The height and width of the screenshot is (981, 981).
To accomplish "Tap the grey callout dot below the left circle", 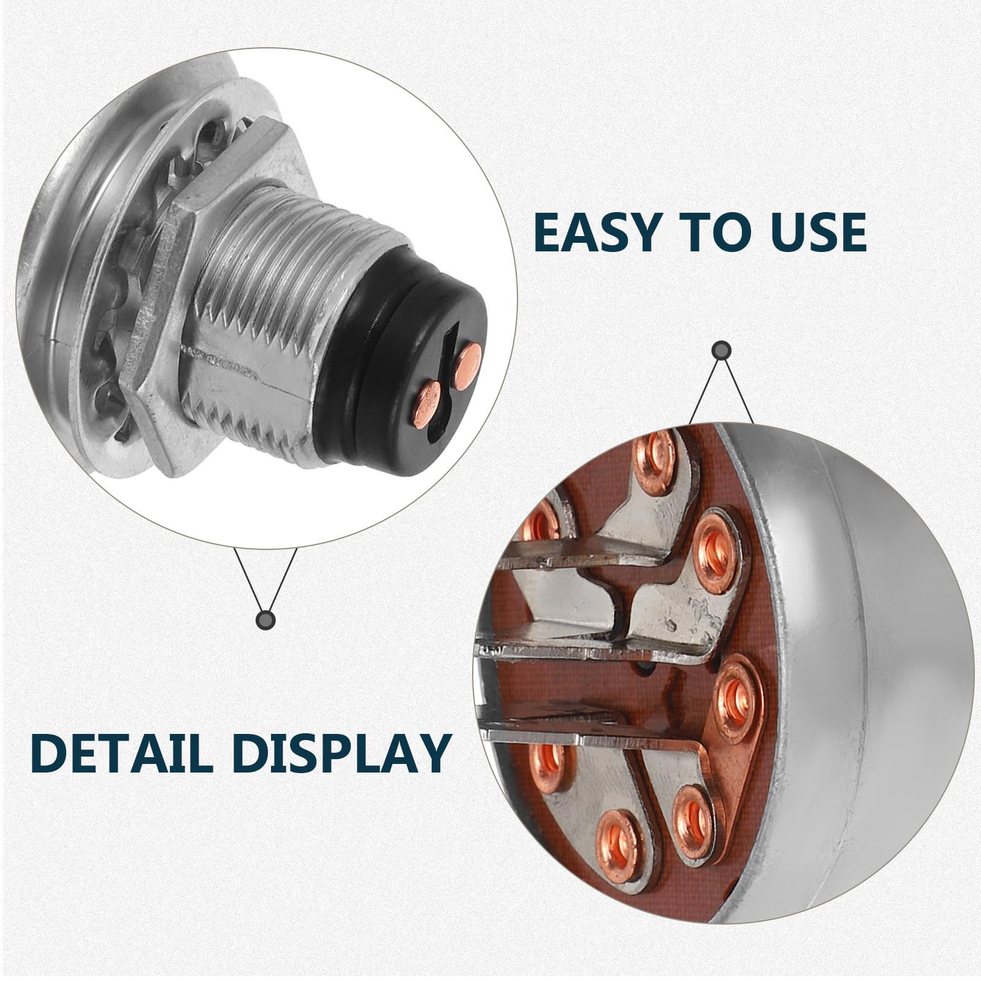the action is [265, 620].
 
